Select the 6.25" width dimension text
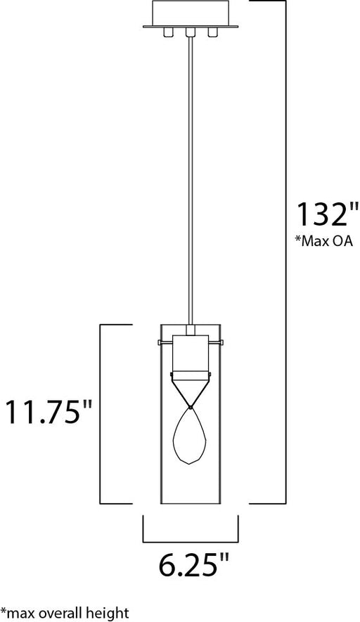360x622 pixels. click(194, 564)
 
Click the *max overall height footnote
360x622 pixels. click(65, 612)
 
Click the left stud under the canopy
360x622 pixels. click(168, 32)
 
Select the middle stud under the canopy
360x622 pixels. click(191, 32)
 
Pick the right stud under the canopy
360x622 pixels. click(213, 32)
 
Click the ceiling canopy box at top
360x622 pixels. click(191, 14)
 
